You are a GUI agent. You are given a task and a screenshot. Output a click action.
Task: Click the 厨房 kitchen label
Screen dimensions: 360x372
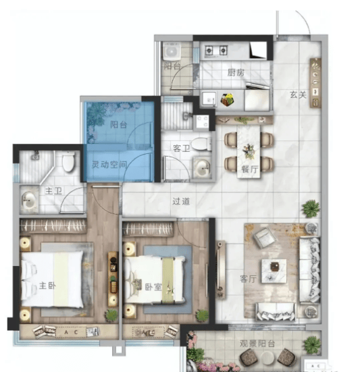coord(236,73)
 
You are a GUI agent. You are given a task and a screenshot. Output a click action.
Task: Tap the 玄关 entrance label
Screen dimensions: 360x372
coord(298,95)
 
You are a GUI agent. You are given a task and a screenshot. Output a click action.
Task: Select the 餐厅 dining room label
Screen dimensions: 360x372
coord(250,169)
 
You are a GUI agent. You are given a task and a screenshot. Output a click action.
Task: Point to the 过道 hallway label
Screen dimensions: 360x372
coord(181,201)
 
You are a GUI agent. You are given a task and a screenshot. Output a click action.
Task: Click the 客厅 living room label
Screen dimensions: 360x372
coord(249,279)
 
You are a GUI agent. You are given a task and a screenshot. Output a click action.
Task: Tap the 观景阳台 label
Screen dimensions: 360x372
coord(257,344)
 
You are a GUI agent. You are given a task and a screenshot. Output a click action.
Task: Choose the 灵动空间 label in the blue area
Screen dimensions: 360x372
coord(109,165)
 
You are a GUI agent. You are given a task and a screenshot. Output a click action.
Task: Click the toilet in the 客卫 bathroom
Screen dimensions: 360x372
coord(201,144)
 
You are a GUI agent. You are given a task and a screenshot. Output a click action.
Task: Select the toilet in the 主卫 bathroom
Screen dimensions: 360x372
coord(68,161)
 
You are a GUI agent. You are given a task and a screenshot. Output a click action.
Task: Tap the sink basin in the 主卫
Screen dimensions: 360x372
coord(29,200)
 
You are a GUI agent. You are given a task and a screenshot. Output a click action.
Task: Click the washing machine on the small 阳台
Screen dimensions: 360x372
coord(172,51)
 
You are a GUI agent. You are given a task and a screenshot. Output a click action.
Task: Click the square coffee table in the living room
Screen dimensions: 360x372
coord(274,271)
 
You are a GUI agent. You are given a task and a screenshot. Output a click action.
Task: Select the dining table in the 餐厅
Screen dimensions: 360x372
coord(249,151)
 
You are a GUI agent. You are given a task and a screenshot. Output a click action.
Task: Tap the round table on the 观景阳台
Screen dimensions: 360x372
coord(267,357)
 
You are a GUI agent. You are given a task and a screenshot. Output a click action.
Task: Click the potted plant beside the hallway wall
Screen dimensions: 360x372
coord(311,209)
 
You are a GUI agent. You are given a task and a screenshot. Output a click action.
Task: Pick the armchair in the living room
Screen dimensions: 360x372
coord(264,237)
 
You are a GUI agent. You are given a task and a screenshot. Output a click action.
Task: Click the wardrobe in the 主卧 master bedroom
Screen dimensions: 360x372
coord(53,225)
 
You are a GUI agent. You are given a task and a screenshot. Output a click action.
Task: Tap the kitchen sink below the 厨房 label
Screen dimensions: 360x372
coord(209,99)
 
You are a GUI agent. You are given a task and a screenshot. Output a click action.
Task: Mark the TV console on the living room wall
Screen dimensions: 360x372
coord(221,270)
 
